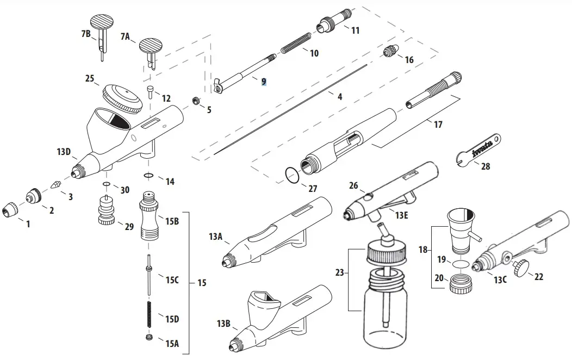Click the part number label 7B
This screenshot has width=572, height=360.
tap(85, 34)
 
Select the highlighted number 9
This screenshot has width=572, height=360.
tap(263, 82)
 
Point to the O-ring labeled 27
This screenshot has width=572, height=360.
tap(292, 175)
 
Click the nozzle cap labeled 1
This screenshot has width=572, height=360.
tap(10, 208)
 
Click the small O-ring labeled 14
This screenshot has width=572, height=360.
tap(148, 176)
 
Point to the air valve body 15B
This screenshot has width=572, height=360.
tap(150, 218)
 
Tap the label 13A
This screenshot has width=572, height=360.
tap(216, 237)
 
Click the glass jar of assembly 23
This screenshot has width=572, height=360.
tap(386, 310)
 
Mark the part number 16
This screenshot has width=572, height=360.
tap(409, 60)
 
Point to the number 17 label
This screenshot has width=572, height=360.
tap(438, 125)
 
